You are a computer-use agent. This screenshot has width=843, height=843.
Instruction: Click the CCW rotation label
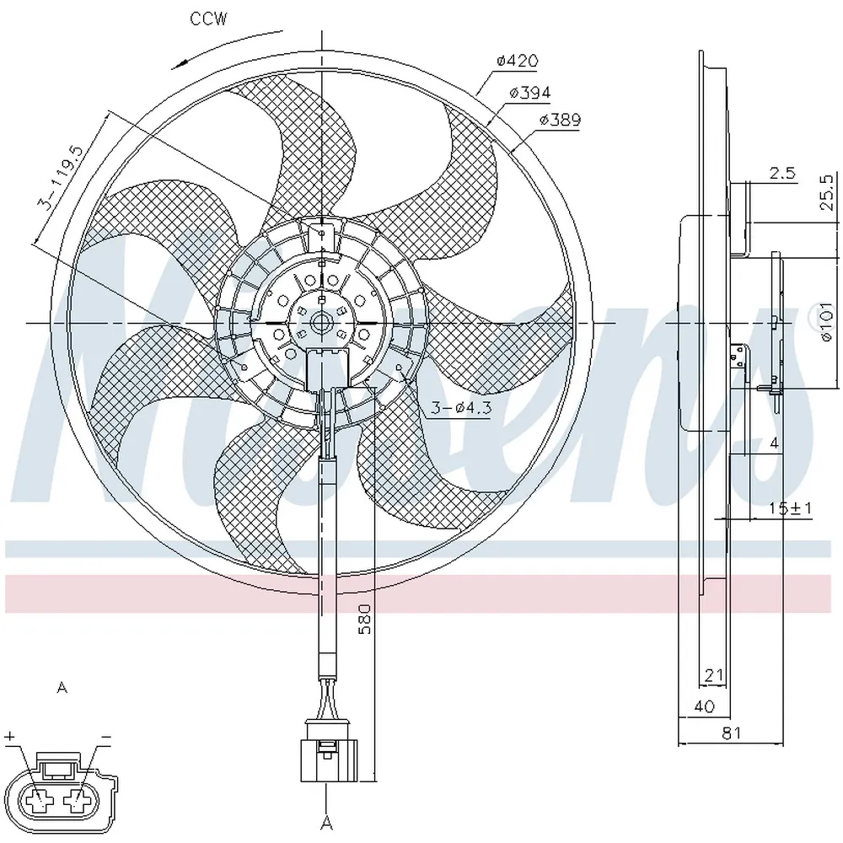tap(208, 19)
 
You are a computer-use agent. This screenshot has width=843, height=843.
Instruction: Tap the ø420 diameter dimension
tap(517, 60)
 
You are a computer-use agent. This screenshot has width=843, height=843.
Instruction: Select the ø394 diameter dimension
tap(530, 93)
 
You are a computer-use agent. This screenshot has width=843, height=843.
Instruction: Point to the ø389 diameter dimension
tap(561, 120)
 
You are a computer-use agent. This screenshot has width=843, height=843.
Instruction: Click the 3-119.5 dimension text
tap(60, 177)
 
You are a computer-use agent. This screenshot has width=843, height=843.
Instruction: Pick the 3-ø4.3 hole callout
tap(461, 407)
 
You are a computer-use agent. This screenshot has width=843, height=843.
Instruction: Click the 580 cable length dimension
tap(364, 619)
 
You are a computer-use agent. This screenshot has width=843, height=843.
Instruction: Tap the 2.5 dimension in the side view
tap(782, 173)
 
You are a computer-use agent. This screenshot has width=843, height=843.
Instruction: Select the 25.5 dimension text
tap(828, 192)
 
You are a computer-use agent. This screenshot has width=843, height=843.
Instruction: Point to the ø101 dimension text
tap(828, 321)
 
